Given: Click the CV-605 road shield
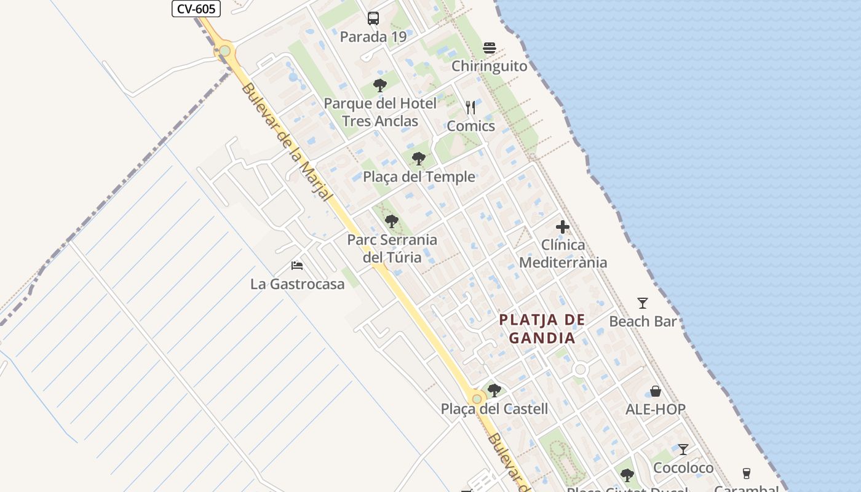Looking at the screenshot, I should click(x=196, y=8).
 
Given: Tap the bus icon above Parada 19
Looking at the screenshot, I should click(x=373, y=18).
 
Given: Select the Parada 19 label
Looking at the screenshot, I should click(x=373, y=37).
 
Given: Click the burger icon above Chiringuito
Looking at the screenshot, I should click(x=490, y=48).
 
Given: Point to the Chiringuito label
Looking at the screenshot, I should click(x=490, y=66).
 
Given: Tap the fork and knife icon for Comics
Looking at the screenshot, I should click(x=470, y=108).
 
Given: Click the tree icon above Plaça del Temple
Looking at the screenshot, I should click(x=419, y=159).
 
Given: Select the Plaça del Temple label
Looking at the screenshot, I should click(x=419, y=177).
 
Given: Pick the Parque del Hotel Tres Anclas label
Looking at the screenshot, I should click(x=380, y=112).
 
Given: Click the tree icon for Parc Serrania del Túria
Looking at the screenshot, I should click(x=392, y=221).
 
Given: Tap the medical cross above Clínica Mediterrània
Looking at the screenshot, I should click(x=562, y=227).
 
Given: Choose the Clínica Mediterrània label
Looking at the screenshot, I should click(x=563, y=253).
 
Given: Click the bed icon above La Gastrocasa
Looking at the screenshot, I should click(x=297, y=266).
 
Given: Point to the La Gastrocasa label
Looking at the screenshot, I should click(x=297, y=284).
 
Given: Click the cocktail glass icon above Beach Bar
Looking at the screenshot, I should click(x=643, y=303).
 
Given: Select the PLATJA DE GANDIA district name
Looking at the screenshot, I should click(x=542, y=328).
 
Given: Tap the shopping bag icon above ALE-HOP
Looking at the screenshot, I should click(x=656, y=391).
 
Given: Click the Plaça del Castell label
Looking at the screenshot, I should click(x=494, y=408).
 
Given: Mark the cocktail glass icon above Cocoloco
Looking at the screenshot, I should click(x=683, y=450).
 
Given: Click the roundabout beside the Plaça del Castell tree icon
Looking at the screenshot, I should click(x=477, y=399).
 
